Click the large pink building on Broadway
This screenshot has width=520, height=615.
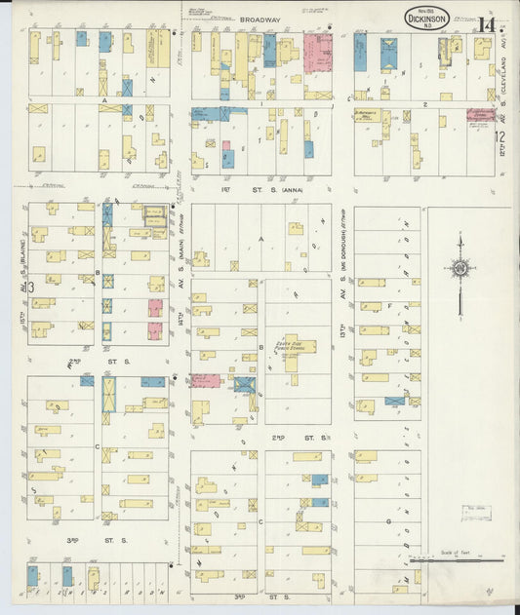point(318,54)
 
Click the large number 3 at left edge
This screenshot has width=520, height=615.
point(31,286)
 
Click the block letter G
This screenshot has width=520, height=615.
point(387,521)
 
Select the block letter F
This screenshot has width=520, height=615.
point(389,305)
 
